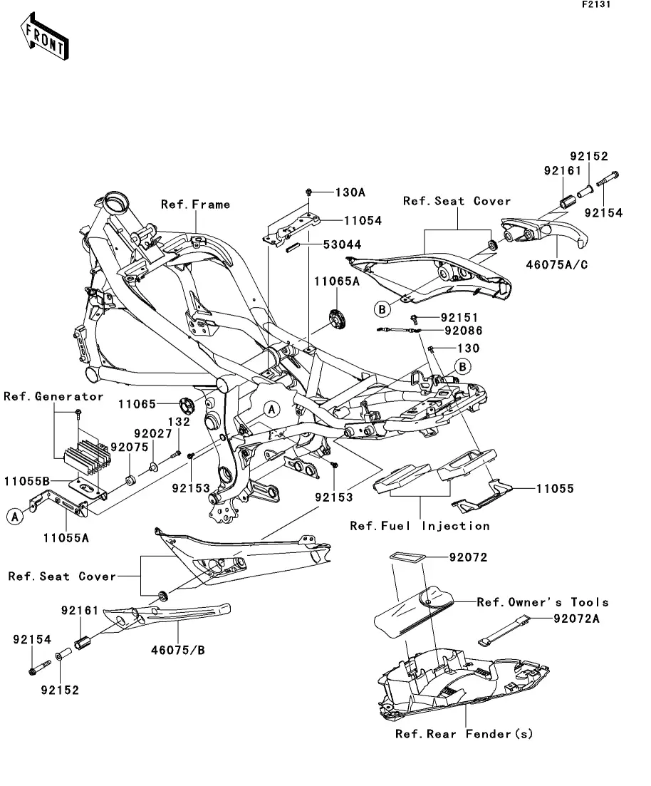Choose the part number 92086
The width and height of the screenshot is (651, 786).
click(x=463, y=331)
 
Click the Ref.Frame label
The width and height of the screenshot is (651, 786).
click(x=195, y=205)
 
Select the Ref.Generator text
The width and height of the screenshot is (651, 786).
click(x=53, y=397)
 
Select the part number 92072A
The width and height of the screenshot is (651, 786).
click(x=576, y=619)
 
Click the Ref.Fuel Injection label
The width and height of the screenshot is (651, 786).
click(x=420, y=526)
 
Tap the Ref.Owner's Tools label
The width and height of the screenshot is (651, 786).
click(x=543, y=602)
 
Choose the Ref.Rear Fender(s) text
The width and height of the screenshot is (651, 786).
click(x=464, y=734)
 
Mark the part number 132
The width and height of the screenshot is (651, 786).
click(x=179, y=422)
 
